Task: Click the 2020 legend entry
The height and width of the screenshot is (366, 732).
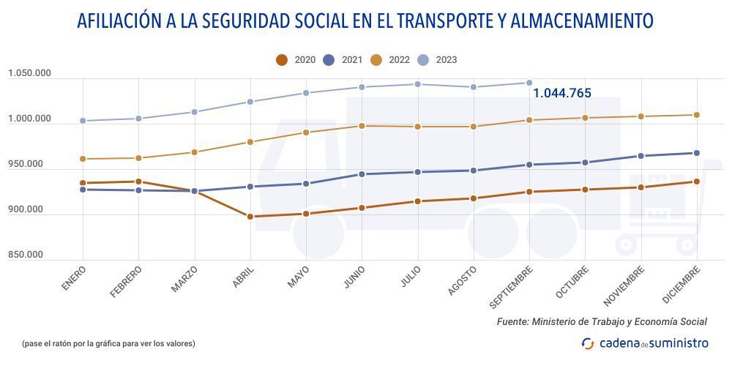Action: click(x=296, y=60)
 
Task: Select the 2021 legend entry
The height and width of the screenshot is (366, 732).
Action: click(x=343, y=60)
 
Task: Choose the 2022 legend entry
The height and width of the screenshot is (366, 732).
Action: click(x=391, y=60)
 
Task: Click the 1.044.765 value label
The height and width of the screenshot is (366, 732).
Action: click(x=561, y=93)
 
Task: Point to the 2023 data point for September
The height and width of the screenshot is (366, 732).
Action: click(x=529, y=83)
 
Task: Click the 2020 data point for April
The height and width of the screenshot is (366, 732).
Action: click(x=250, y=217)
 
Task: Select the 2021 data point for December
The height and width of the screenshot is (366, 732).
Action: click(x=696, y=153)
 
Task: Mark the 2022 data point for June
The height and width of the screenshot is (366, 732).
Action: click(x=362, y=126)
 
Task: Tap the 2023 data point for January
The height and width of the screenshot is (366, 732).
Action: click(x=83, y=121)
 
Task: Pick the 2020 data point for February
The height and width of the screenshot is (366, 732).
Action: click(x=138, y=182)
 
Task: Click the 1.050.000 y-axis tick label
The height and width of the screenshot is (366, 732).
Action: click(x=30, y=73)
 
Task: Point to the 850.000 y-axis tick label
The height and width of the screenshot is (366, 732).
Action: click(x=26, y=255)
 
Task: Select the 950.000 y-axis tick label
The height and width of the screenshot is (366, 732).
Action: click(x=26, y=164)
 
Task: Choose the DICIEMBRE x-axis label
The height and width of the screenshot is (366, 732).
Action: click(x=681, y=281)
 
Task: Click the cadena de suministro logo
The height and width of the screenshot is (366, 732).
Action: click(x=644, y=343)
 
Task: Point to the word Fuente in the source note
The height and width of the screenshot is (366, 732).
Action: click(x=512, y=321)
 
